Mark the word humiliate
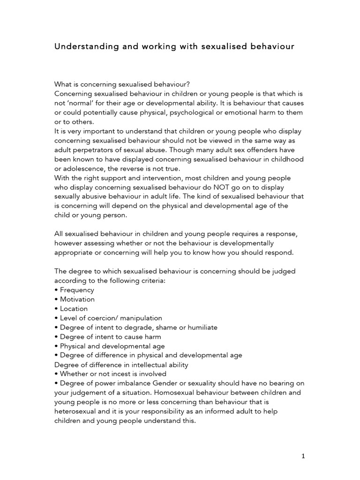click(x=200, y=327)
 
